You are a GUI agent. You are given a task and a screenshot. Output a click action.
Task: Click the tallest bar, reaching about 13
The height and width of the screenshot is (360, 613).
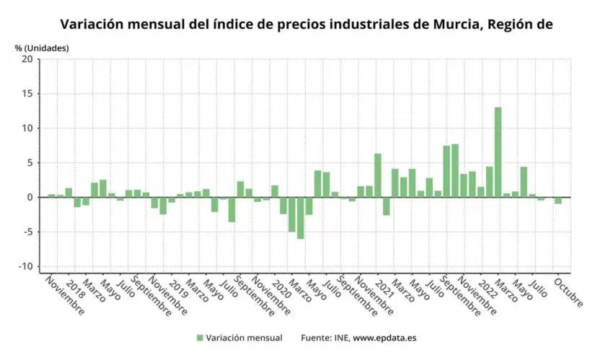[x=498, y=152]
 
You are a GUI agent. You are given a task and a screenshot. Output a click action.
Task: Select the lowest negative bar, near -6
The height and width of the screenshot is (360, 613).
[x=300, y=218]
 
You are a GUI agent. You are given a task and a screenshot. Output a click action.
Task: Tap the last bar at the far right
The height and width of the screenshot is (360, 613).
[x=558, y=201]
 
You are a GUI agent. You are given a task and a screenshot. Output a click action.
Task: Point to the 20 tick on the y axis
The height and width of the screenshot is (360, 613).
[x=27, y=59]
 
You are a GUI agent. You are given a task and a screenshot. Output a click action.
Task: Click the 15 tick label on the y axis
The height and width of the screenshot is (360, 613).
[x=27, y=94]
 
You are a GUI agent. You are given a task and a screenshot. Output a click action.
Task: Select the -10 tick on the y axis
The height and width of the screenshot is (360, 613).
[x=25, y=266]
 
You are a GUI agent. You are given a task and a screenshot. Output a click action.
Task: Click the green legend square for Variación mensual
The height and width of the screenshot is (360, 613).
[x=200, y=338]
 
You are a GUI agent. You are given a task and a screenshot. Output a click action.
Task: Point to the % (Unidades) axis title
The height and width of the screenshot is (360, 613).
[x=42, y=48]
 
